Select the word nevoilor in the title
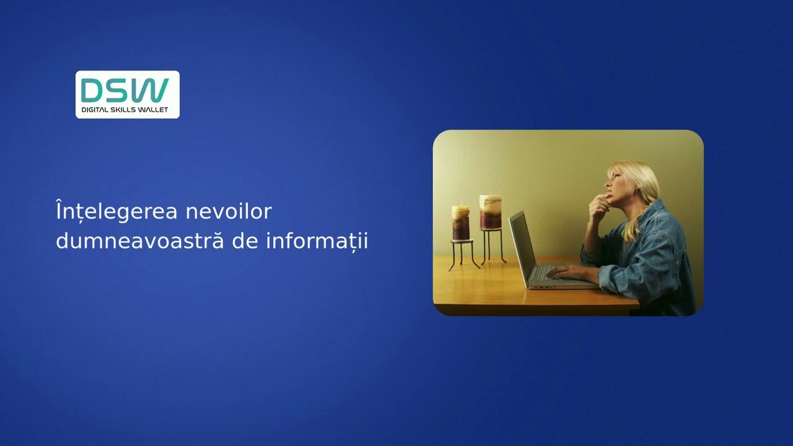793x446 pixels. click(x=229, y=211)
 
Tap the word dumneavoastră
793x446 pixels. click(x=140, y=241)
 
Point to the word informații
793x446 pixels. click(x=317, y=242)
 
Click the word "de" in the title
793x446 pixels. click(x=245, y=241)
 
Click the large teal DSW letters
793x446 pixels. click(x=125, y=90)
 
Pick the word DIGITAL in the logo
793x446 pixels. click(x=95, y=110)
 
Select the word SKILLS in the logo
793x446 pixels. click(x=123, y=110)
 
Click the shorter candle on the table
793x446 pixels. click(x=460, y=222)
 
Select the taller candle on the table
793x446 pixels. click(x=491, y=212)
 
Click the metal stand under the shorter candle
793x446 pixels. click(x=462, y=254)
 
